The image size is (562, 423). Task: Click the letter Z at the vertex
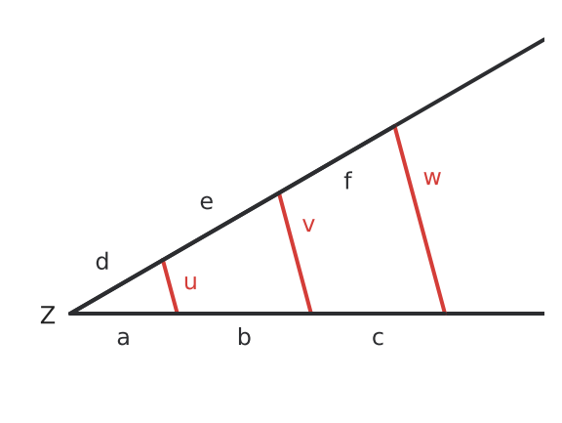48,315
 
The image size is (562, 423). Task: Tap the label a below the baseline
123,338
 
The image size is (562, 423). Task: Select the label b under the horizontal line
244,337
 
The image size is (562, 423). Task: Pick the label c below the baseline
378,338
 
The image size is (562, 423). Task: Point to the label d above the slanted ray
102,261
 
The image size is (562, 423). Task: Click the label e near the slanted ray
207,202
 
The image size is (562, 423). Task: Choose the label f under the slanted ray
348,180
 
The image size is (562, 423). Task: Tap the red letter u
190,282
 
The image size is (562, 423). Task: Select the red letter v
308,226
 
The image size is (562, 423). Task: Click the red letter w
432,178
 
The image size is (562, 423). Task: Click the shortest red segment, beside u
170,286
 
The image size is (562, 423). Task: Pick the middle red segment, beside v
295,253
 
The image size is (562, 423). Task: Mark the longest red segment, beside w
420,220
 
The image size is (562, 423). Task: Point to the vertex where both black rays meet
70,314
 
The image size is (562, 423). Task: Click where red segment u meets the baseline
177,314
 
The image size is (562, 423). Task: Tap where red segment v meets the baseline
310,314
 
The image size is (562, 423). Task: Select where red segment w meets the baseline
445,314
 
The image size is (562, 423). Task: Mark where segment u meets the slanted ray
163,261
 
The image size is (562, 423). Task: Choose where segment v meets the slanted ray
279,193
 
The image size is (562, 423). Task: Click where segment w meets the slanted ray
394,126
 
